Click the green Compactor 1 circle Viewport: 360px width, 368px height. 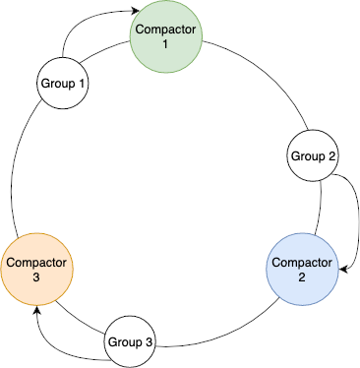pos(166,37)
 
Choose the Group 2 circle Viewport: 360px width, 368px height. pos(314,156)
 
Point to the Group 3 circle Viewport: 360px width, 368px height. pos(130,342)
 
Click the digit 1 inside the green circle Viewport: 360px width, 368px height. pos(165,45)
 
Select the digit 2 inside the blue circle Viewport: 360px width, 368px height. pos(302,276)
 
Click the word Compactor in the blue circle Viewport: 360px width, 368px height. pos(302,262)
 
